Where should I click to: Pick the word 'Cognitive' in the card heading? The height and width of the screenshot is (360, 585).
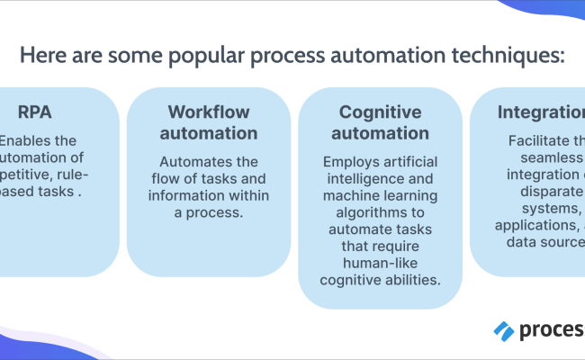pos(380,112)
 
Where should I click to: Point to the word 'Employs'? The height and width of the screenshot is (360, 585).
pos(352,162)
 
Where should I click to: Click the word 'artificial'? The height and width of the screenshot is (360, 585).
pos(410,162)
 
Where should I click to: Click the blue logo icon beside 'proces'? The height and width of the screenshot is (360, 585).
pos(504,330)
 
